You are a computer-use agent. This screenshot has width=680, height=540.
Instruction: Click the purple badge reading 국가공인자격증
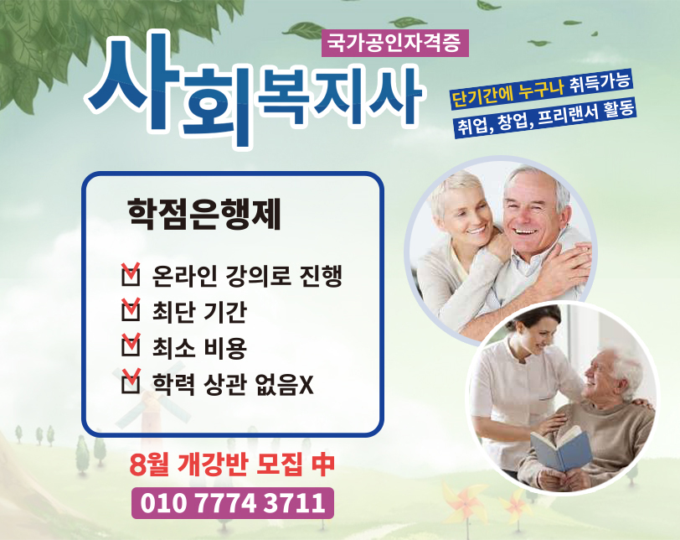coord(394,43)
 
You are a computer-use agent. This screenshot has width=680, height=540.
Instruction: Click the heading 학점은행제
coord(204,214)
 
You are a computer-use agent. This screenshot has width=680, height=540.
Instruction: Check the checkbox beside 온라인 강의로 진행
coord(131,275)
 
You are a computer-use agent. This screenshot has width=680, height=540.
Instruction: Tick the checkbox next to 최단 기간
coord(131,310)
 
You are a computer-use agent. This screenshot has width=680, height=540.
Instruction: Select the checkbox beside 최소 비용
coord(131,345)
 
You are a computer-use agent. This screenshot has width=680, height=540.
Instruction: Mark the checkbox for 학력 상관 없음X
coord(131,382)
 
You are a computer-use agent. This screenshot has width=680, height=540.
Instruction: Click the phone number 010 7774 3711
coord(233,503)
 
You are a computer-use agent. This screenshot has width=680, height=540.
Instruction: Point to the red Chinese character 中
coord(322,464)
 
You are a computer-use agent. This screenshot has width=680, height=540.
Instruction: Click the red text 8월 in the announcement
coord(149,465)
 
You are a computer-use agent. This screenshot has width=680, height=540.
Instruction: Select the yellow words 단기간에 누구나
coord(507,93)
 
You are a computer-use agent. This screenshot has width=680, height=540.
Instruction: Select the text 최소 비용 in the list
coord(199,348)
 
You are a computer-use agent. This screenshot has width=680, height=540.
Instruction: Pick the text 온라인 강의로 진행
coord(247,276)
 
